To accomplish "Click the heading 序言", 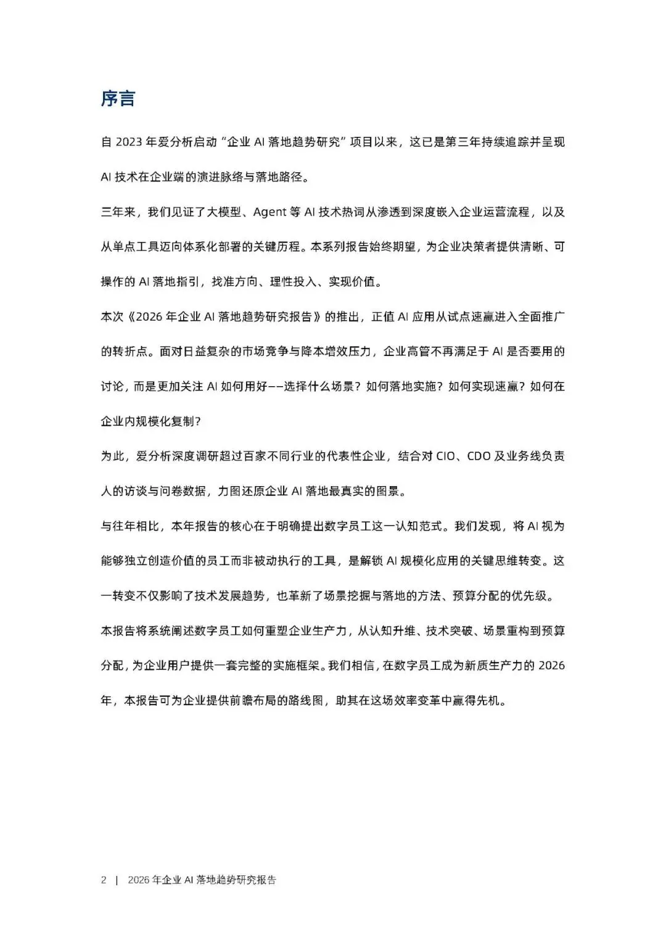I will pyautogui.click(x=118, y=99).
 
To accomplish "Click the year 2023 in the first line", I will pyautogui.click(x=128, y=142).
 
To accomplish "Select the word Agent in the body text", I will pyautogui.click(x=270, y=212).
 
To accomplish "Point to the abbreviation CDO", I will pyautogui.click(x=480, y=457).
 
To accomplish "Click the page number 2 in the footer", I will pyautogui.click(x=104, y=880).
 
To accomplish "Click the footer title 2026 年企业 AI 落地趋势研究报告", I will pyautogui.click(x=202, y=880).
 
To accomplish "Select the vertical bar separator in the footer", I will pyautogui.click(x=117, y=880).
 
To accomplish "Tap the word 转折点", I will pyautogui.click(x=130, y=352).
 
